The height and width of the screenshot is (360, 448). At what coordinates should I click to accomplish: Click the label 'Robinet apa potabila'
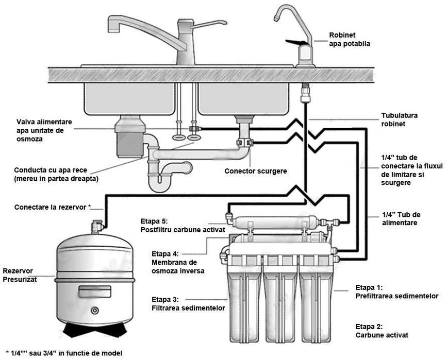[x=350, y=40]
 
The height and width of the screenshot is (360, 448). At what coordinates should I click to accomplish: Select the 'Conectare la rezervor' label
[x=52, y=207]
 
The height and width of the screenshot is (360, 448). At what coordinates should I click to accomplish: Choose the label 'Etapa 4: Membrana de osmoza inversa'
[x=178, y=262]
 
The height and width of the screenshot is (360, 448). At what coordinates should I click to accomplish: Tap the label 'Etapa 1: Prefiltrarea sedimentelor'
[x=396, y=292]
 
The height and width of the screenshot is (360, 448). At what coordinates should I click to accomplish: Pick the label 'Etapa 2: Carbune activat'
[x=381, y=331]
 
